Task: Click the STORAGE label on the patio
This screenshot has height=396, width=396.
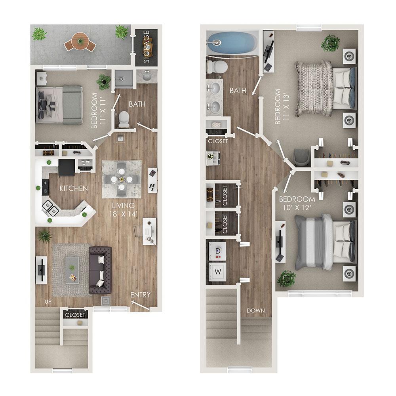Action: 147,47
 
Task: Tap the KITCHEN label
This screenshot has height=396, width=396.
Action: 74,188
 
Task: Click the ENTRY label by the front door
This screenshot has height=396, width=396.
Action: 141,295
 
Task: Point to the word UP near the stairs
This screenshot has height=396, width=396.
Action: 48,302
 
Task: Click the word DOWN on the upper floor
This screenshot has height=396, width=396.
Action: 256,310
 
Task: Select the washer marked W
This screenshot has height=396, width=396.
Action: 217,272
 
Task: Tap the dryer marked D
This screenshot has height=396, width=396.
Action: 217,251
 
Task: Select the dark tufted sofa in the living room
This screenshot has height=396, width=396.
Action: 100,270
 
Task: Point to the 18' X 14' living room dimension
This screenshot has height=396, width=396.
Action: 123,214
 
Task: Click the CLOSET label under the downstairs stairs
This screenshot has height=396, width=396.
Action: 75,315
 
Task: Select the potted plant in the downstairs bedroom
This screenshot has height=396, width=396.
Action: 104,81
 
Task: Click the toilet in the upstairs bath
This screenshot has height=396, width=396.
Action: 216,66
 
